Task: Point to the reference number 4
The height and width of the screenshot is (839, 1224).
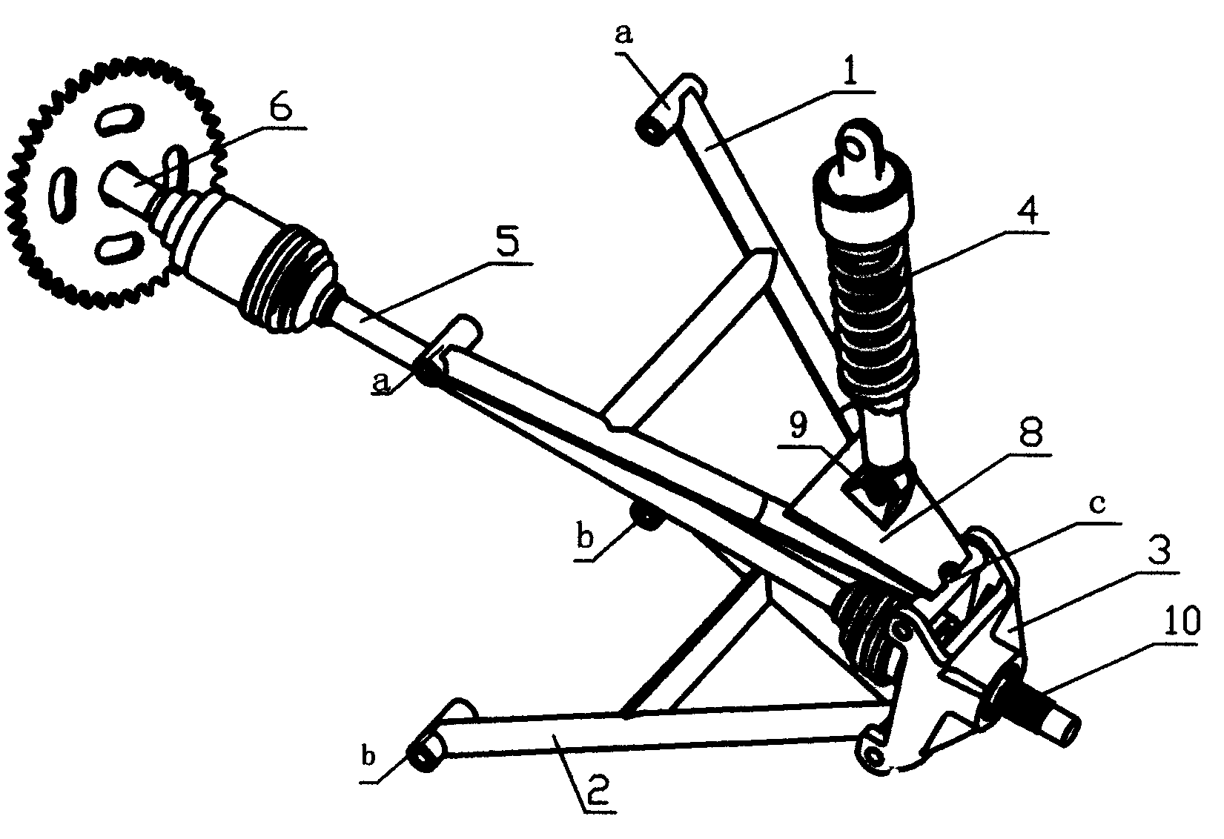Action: tap(1026, 213)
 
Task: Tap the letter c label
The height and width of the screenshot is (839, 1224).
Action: tap(1098, 504)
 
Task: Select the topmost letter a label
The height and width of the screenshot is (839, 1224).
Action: tap(623, 34)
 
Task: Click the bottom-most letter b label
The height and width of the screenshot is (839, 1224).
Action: tap(369, 757)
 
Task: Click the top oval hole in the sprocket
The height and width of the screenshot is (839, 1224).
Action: tap(119, 121)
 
